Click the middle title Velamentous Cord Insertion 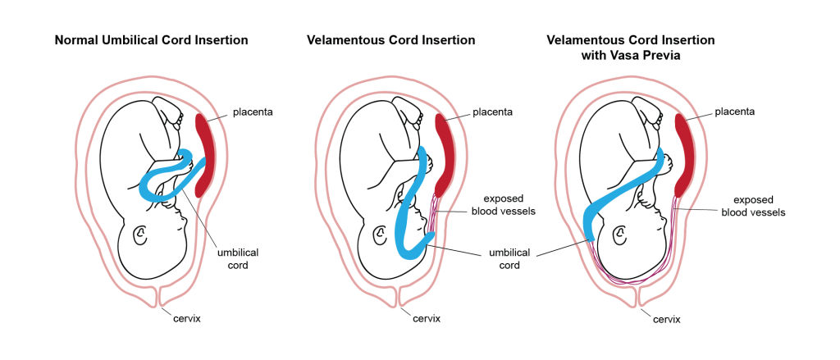pos(390,39)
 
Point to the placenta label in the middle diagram pos(492,112)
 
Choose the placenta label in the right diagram pos(734,112)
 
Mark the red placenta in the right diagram pos(683,152)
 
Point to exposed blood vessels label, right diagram pos(753,205)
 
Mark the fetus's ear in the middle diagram pos(381,235)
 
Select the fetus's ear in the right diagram pos(621,235)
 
